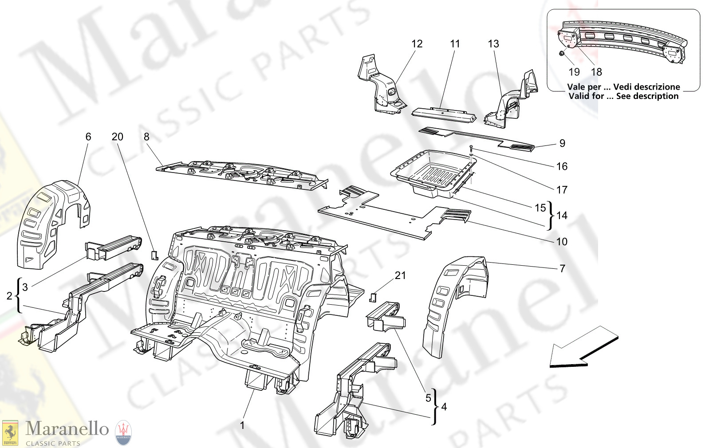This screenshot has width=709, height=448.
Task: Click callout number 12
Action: (x=417, y=44)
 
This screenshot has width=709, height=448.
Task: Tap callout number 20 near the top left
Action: (x=117, y=137)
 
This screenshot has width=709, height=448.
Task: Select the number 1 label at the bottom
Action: (x=242, y=425)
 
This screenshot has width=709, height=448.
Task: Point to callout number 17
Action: (x=562, y=190)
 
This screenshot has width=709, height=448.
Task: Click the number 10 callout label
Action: (x=562, y=242)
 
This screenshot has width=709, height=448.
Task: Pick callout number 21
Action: (x=400, y=275)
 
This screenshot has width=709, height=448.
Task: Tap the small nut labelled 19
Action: (x=561, y=54)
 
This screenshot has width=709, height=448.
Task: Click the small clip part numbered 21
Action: (x=373, y=297)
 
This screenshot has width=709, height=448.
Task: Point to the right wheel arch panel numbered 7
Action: (x=453, y=302)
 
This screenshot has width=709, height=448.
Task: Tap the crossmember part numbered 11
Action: (x=444, y=113)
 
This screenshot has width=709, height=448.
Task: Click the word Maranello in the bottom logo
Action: (x=67, y=429)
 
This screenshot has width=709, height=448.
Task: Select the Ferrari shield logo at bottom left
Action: (x=10, y=433)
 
